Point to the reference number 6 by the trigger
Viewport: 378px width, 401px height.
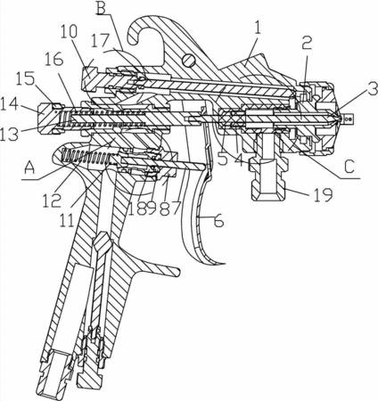point(218,220)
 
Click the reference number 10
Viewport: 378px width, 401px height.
point(69,31)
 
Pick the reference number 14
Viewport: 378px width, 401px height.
point(9,105)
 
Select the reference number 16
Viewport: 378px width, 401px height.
point(54,60)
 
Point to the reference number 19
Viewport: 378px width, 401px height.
point(323,195)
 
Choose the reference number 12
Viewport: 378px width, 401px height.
point(52,200)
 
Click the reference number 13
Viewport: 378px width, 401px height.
point(9,134)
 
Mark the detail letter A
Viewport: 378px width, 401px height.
point(29,168)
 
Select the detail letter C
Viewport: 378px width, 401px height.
point(349,167)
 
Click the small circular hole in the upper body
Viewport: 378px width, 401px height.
point(189,61)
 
